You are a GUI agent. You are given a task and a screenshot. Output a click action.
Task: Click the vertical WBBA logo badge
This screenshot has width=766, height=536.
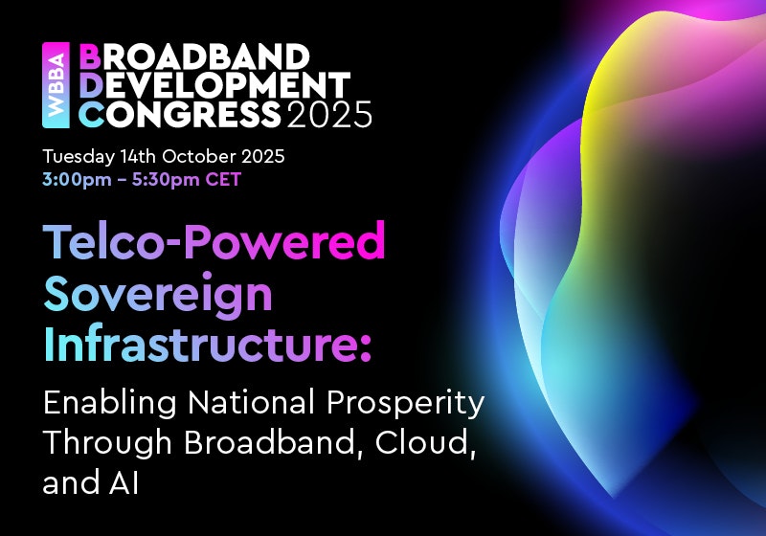(56, 85)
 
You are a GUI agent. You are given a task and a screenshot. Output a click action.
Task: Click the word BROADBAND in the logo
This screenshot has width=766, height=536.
(194, 57)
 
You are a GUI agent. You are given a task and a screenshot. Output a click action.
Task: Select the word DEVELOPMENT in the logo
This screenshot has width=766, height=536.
(214, 85)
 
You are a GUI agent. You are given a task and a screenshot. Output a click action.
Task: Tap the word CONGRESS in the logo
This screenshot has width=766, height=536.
(180, 114)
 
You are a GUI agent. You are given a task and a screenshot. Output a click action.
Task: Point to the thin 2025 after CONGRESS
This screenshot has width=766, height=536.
(329, 114)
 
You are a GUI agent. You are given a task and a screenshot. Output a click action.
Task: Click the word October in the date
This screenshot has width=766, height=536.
(199, 156)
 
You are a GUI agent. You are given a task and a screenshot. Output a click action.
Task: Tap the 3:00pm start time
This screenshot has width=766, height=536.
(77, 180)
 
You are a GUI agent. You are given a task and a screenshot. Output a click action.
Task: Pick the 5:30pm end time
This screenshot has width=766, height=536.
(166, 180)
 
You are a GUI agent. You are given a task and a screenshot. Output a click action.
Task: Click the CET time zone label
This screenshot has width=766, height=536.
(223, 179)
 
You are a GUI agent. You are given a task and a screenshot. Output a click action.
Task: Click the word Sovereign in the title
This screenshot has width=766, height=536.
(158, 294)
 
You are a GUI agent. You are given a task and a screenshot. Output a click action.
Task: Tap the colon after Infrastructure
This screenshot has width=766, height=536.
(366, 347)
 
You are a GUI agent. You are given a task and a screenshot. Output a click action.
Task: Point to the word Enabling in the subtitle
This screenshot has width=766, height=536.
(110, 404)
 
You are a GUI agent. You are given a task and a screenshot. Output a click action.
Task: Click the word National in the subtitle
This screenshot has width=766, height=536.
(251, 403)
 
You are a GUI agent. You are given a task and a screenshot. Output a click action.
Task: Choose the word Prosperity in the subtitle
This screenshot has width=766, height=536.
(405, 404)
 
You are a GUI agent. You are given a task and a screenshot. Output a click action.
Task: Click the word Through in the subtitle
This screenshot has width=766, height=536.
(107, 443)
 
